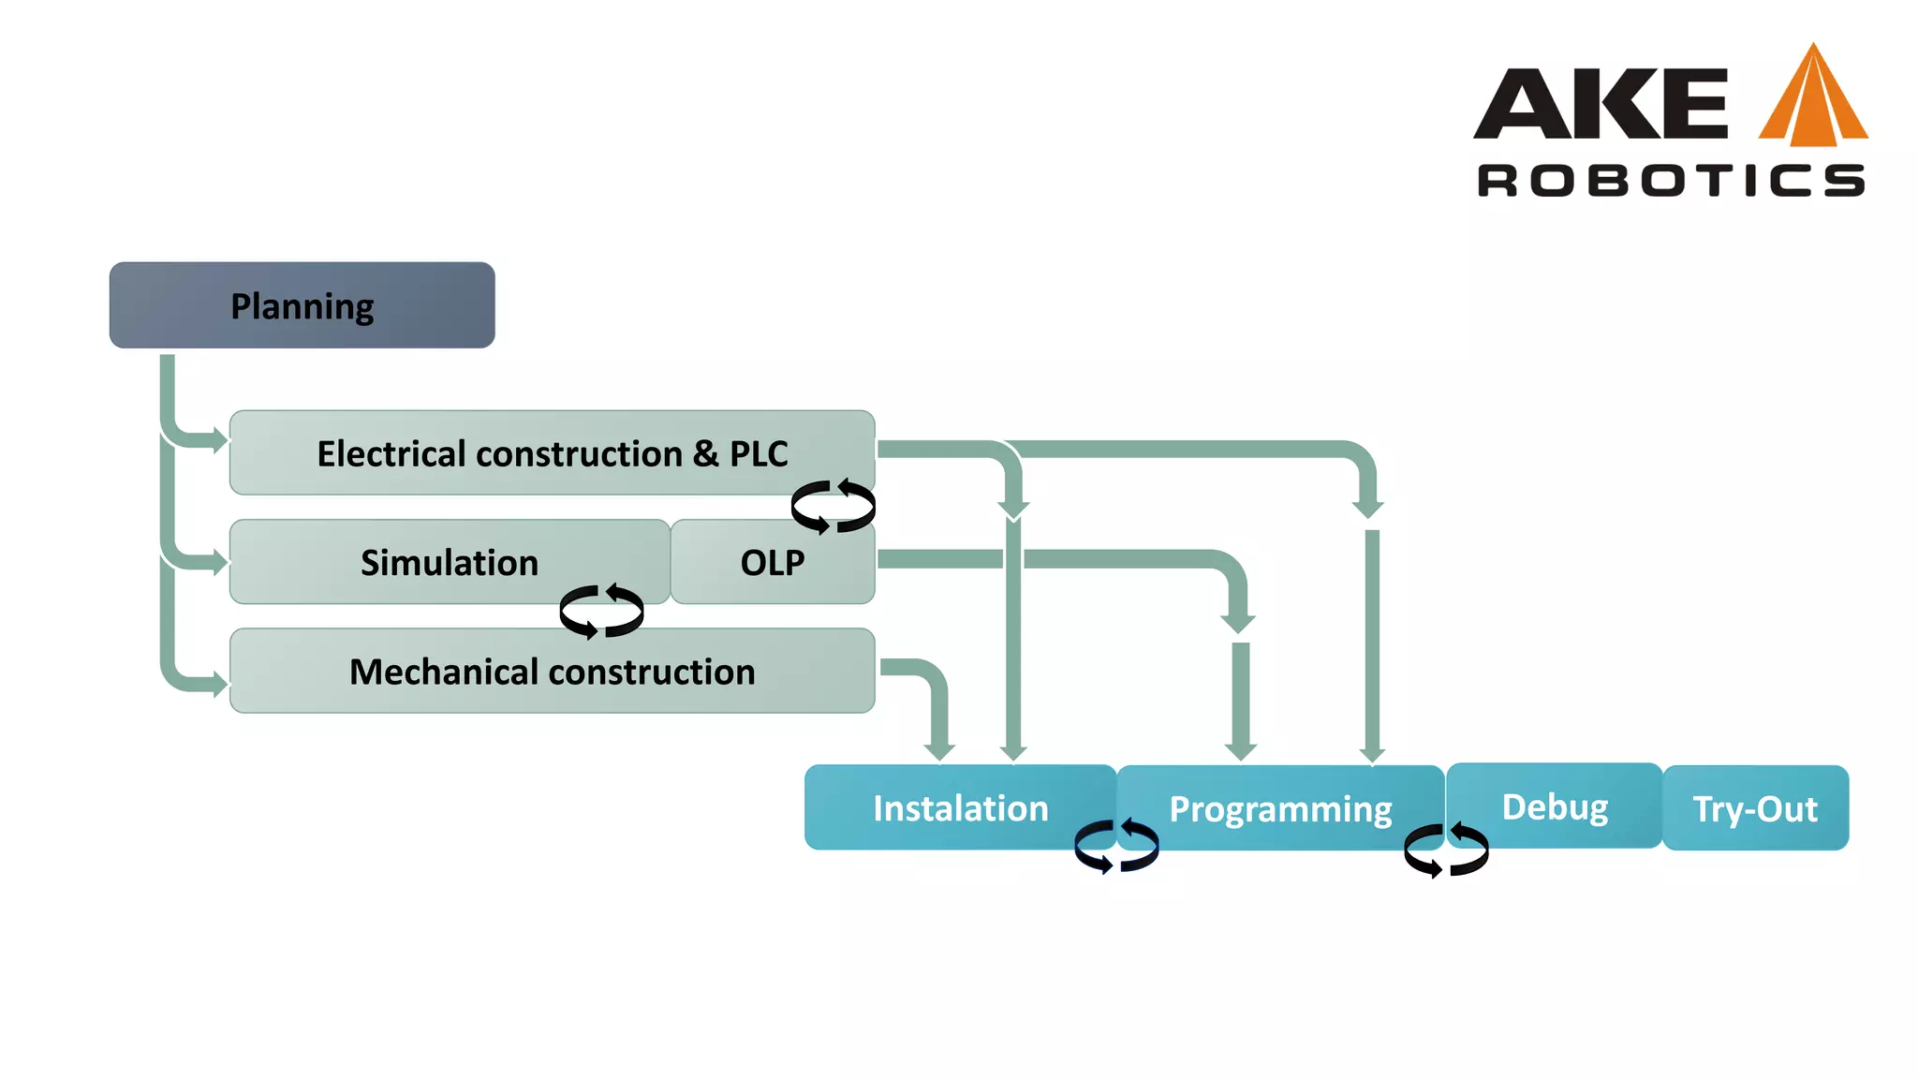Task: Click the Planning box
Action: tap(302, 305)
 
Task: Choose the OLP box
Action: tap(773, 562)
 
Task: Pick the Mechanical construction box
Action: tap(553, 672)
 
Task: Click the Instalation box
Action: tap(960, 807)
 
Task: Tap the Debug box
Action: tap(1555, 806)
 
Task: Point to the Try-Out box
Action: tap(1755, 807)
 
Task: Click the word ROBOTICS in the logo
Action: tap(1671, 180)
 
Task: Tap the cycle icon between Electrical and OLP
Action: tap(833, 507)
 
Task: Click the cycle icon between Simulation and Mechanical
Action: tap(601, 612)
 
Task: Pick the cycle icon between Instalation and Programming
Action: tap(1116, 846)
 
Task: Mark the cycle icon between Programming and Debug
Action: tap(1446, 850)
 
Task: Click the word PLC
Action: tap(759, 453)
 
